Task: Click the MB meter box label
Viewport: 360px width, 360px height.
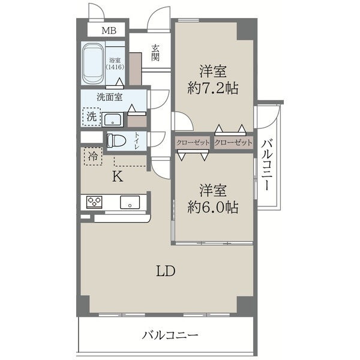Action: pos(109,31)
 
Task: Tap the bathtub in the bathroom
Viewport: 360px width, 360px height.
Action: pos(93,64)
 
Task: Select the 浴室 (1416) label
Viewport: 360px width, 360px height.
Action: pos(115,64)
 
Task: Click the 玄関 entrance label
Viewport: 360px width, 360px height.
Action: pos(155,53)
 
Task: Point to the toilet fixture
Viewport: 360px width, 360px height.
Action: pos(116,140)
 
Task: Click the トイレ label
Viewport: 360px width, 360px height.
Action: pos(137,140)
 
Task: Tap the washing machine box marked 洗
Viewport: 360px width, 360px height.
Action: pos(92,117)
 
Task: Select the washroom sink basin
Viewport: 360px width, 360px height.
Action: pos(113,119)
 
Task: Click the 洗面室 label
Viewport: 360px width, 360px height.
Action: pos(110,97)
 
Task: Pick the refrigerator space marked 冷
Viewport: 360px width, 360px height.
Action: pos(93,157)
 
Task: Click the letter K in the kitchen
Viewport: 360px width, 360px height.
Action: pos(118,176)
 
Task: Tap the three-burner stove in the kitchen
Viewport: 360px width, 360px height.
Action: pos(94,202)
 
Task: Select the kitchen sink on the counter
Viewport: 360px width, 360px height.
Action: pos(130,202)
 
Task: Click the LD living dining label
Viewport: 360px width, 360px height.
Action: pos(166,271)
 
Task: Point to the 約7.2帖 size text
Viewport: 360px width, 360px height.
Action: pos(213,88)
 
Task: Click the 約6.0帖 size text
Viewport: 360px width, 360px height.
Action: pos(213,208)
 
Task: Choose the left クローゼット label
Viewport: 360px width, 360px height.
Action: pos(193,143)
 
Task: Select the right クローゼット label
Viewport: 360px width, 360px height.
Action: pos(233,143)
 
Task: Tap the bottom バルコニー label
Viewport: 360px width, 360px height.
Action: pos(170,335)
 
